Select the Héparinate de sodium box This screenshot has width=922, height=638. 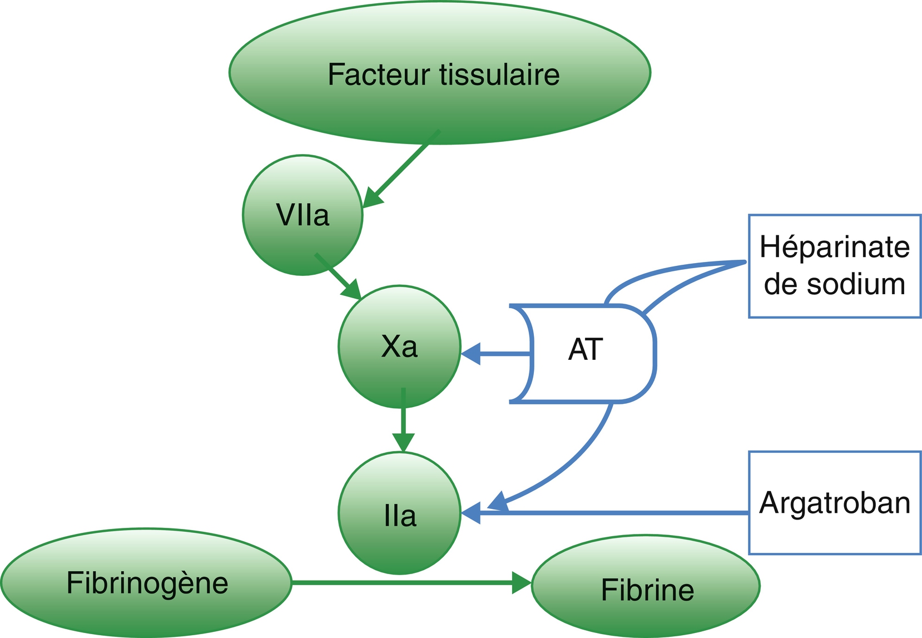click(834, 266)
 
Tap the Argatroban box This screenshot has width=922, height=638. click(834, 503)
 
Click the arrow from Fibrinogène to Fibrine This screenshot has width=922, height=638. click(412, 582)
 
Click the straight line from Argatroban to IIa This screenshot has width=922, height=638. click(612, 512)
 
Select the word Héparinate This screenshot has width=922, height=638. click(834, 247)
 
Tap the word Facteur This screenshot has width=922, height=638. click(378, 75)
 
